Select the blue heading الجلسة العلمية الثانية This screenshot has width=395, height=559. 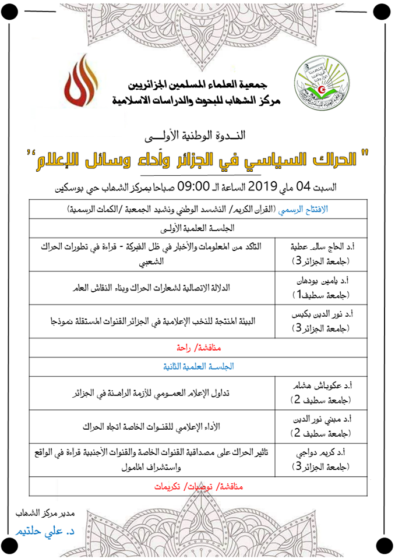coord(192,366)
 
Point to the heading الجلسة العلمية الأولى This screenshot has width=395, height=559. coord(192,227)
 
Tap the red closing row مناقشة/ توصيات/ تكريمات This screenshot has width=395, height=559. coord(192,487)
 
